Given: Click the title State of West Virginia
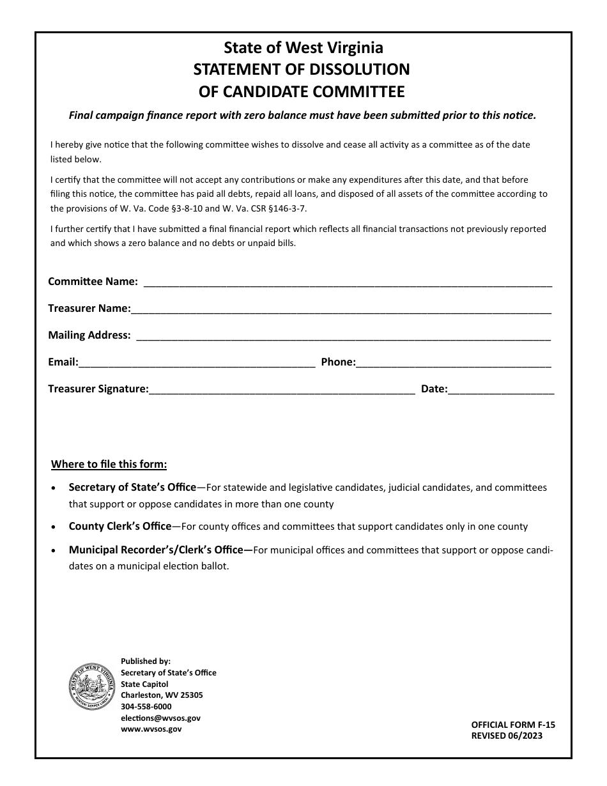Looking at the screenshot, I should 303,47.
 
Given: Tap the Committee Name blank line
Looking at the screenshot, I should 348,282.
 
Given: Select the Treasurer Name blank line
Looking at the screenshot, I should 341,309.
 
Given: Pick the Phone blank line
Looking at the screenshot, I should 454,363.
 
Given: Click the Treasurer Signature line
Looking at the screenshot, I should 282,390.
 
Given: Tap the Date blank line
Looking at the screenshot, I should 501,390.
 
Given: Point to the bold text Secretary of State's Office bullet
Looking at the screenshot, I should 132,488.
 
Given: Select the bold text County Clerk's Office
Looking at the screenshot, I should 120,527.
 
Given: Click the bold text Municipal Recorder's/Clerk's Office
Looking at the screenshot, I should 156,550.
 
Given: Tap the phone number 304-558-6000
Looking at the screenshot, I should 146,707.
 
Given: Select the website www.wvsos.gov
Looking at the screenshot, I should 151,729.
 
